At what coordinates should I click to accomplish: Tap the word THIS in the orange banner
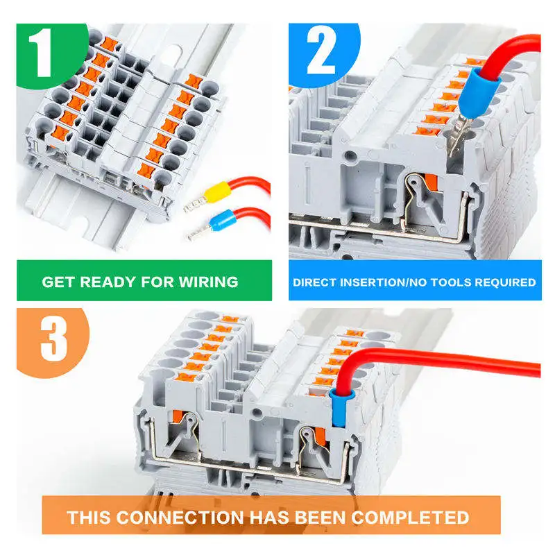click(89, 517)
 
